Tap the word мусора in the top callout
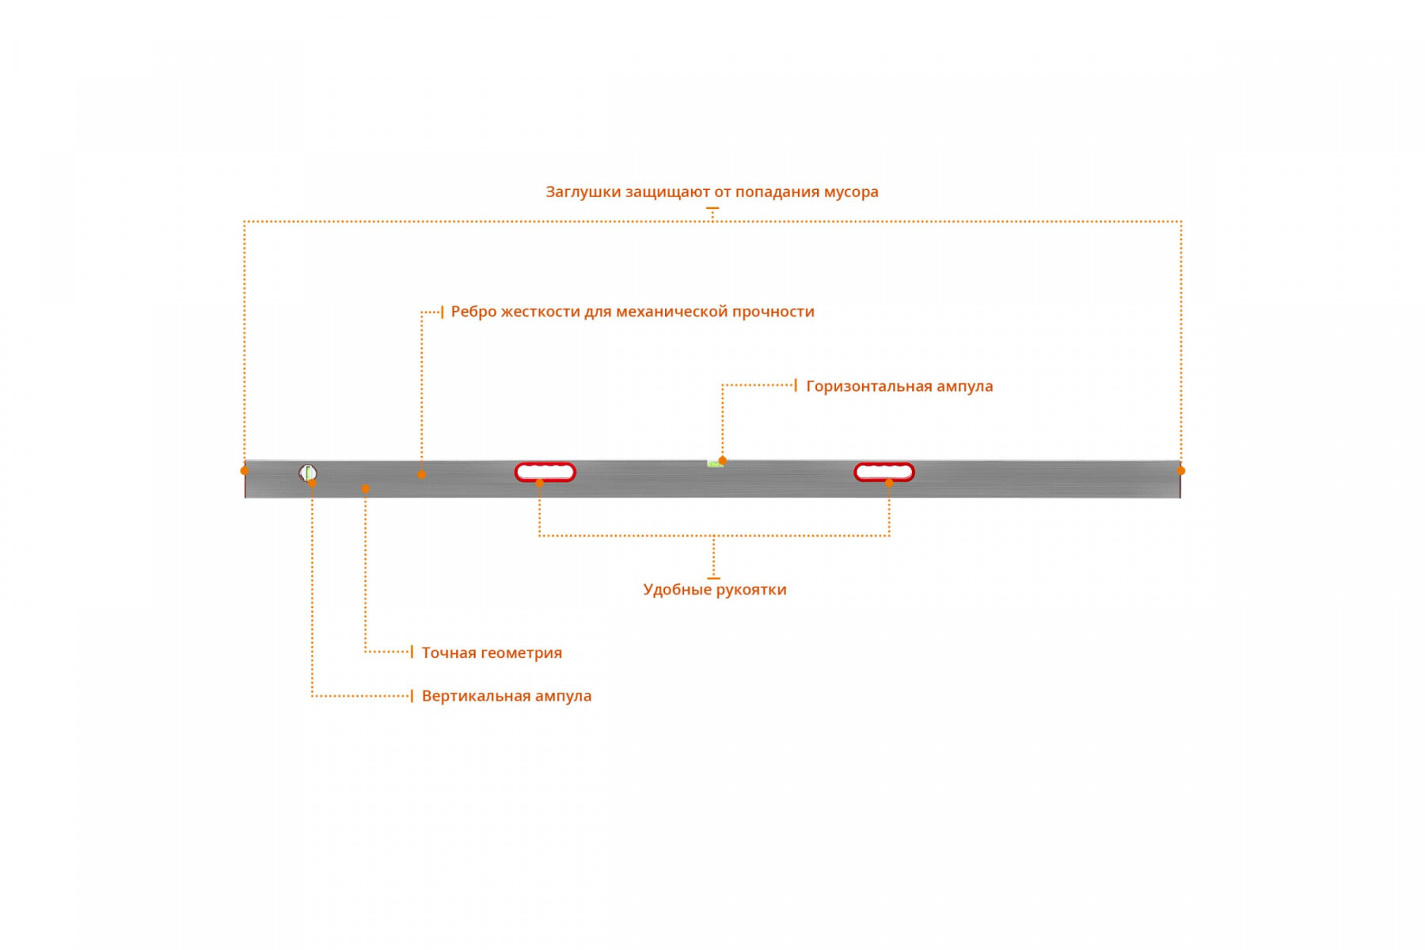tap(851, 192)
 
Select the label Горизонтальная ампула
tap(899, 386)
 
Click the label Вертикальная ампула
tap(506, 696)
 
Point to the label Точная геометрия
tap(492, 652)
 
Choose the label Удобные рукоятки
tap(715, 590)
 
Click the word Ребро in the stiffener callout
tap(473, 312)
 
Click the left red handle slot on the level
tap(545, 472)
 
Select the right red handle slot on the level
tap(884, 472)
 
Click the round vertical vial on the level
tap(307, 473)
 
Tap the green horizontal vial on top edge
tap(714, 464)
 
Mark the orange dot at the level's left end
tap(245, 470)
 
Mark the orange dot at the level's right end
tap(1181, 470)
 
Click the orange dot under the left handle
tap(540, 483)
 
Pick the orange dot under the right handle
tap(889, 483)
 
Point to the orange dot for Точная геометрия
tap(365, 489)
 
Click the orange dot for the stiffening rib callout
tap(421, 475)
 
